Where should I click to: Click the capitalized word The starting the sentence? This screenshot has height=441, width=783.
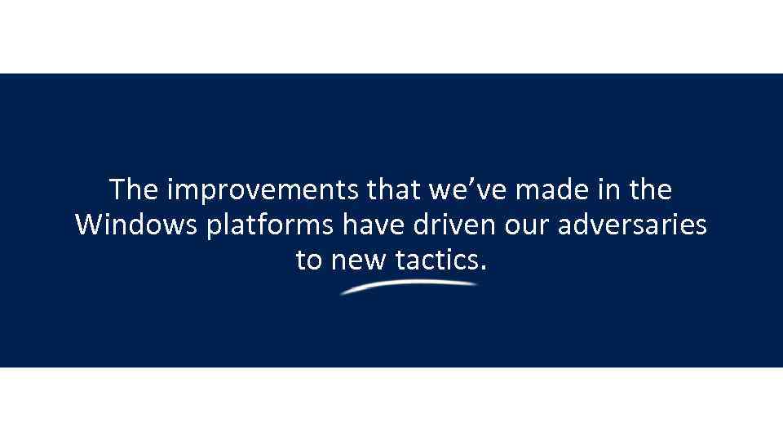pos(135,190)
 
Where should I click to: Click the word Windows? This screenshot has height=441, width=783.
pos(135,225)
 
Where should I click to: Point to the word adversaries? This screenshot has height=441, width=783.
pos(633,225)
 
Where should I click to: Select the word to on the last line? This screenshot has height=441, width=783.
pos(309,260)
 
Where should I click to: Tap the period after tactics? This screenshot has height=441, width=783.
pos(484,268)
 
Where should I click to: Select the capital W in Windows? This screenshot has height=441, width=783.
pos(89,225)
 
